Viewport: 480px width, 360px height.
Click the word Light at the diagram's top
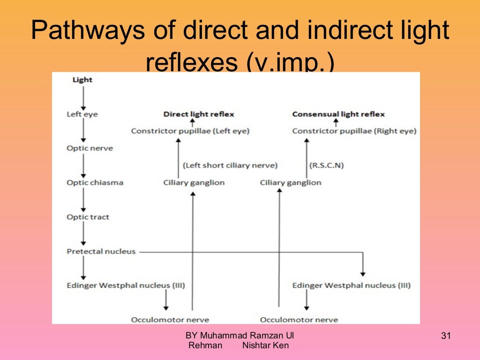82,80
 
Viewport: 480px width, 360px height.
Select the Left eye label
82,114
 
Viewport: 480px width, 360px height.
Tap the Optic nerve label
90,148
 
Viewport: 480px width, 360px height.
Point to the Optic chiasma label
95,182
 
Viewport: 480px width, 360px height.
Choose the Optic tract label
88,217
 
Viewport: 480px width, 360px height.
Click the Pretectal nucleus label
101,252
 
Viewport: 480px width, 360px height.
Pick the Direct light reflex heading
199,114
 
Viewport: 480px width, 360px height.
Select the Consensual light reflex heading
338,114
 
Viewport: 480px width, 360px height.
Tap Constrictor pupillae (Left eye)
190,131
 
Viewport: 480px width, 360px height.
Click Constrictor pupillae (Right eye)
354,131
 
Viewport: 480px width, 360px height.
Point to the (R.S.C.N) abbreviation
327,165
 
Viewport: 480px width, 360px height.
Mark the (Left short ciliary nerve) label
230,165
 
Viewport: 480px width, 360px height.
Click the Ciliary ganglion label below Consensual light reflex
291,183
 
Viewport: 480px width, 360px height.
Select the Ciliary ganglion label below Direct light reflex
194,183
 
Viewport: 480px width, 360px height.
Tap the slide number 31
445,336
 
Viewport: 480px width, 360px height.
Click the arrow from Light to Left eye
83,97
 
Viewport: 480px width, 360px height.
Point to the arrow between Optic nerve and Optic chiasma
83,165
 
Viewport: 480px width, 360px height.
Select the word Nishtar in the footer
257,346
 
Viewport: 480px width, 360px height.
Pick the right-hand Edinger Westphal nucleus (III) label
351,285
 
